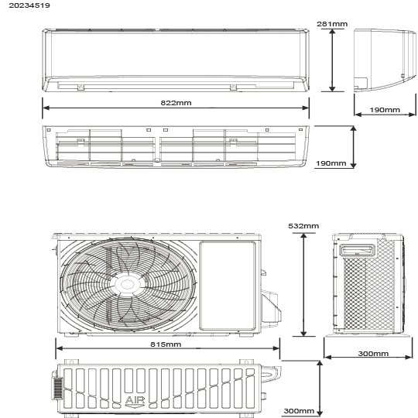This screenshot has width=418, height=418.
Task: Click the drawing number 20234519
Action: coord(29,5)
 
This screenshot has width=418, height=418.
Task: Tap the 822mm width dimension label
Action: coord(176,103)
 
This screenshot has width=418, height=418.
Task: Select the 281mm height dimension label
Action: coord(332,24)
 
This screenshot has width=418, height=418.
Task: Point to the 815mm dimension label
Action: coord(166,344)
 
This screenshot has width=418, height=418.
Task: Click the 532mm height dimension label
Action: coord(303,226)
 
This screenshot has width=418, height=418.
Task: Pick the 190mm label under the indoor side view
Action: coord(385,110)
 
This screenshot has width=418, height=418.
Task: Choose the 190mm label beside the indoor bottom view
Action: coord(331,163)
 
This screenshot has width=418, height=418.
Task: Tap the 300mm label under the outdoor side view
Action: coord(373,354)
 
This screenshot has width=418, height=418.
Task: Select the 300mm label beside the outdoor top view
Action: coord(299,411)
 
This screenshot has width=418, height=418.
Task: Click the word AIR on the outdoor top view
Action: coord(135,400)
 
